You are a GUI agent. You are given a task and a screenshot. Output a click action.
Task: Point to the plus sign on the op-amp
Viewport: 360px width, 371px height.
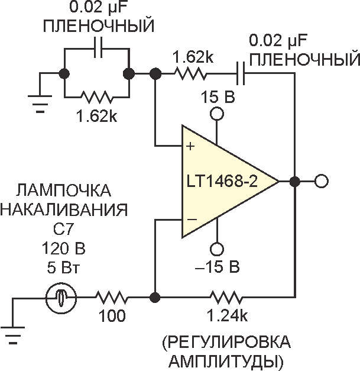[x=191, y=146]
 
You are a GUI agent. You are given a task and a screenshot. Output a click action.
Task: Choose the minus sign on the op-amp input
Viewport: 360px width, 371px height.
[x=191, y=220]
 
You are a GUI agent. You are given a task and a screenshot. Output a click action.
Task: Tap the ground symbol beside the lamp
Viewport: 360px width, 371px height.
[x=18, y=328]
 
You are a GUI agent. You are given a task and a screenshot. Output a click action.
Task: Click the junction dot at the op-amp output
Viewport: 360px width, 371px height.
[x=294, y=180]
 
